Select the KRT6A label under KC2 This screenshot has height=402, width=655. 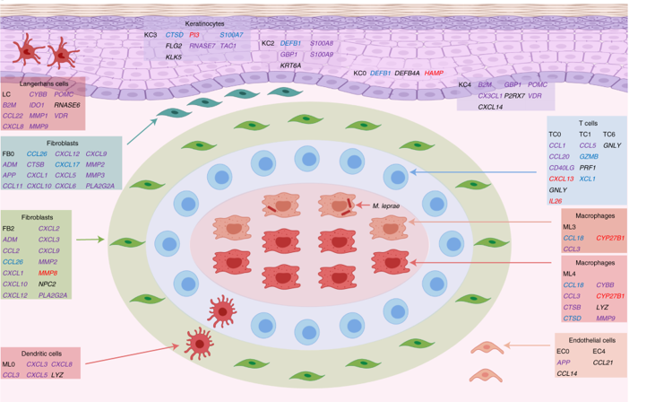pos(291,66)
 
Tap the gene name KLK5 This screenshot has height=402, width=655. pos(175,57)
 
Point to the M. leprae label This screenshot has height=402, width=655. pos(386,205)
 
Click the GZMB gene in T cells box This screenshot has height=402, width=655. pos(589,155)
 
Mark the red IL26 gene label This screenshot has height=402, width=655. pos(556,202)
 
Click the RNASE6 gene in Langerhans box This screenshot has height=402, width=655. pos(67,104)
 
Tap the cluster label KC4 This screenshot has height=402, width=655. pos(464,84)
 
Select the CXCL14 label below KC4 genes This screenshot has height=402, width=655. pos(490,107)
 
